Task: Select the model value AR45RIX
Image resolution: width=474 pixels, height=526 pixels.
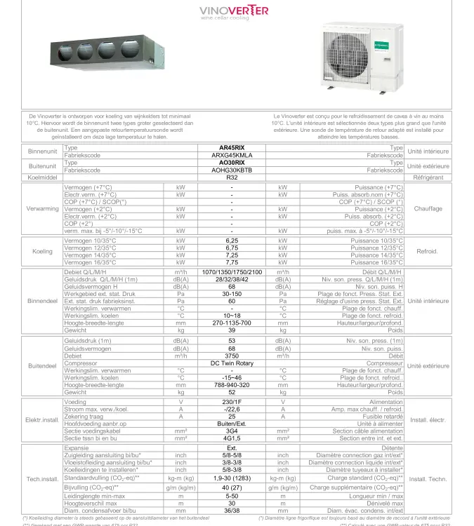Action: point(232,148)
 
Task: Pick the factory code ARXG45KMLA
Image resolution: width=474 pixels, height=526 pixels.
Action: point(232,155)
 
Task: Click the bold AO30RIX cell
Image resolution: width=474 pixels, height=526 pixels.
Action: point(232,163)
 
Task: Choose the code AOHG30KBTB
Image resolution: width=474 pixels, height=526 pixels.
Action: point(232,170)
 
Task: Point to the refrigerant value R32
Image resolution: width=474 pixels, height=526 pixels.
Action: point(232,177)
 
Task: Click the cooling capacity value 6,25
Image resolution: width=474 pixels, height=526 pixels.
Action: point(232,241)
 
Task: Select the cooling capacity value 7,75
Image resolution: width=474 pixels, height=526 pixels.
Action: point(232,262)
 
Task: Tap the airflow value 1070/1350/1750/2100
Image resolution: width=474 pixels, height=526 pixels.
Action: point(232,271)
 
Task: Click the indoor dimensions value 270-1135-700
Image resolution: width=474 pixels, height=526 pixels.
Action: point(232,323)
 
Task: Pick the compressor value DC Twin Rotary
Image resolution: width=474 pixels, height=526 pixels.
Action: point(232,363)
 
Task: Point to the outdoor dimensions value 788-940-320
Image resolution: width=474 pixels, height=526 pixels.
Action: point(232,385)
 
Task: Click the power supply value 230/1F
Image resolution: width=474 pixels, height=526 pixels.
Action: point(232,403)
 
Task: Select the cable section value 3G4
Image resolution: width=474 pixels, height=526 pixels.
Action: point(232,431)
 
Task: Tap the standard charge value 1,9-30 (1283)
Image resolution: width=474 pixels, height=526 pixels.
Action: point(232,478)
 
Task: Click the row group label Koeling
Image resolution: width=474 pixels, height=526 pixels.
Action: point(42,251)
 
